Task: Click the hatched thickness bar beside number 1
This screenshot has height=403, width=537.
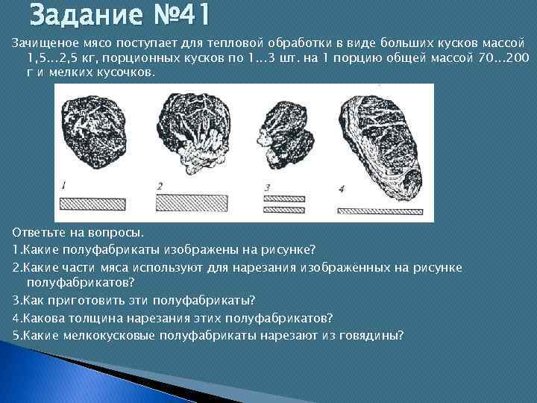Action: point(92,203)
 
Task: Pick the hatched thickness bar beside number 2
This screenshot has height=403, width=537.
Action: point(192,203)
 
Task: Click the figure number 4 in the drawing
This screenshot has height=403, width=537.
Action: point(340,190)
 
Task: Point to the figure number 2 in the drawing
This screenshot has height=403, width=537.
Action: point(160,186)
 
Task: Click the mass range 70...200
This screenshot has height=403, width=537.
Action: point(499,57)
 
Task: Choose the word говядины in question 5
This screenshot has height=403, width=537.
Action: point(372,334)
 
